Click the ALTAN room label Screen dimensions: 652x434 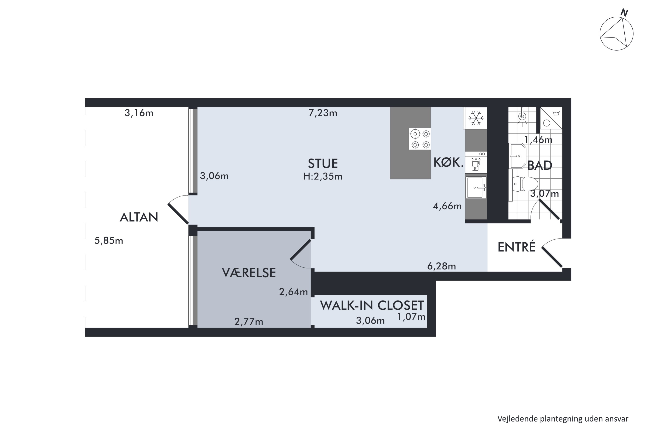(139, 217)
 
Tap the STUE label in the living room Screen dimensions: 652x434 (323, 164)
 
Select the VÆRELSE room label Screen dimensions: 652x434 (249, 273)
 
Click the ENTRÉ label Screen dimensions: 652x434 (516, 247)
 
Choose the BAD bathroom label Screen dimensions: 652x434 (539, 166)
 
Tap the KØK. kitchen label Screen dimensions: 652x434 (448, 163)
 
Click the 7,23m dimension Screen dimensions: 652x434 (323, 113)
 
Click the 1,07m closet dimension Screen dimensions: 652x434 (411, 317)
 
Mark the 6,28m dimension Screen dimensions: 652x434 (441, 266)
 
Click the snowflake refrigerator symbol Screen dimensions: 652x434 (476, 118)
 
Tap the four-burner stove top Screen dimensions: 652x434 (420, 139)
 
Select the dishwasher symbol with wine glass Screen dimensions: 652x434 (476, 163)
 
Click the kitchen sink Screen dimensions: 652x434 (476, 188)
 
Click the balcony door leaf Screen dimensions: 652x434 (178, 214)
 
